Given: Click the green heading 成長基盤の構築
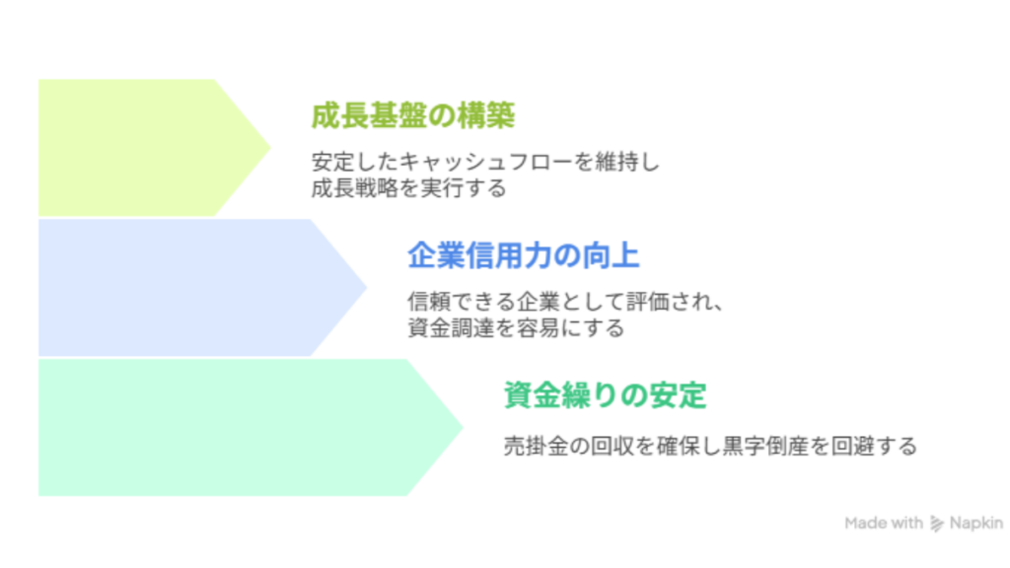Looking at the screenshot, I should (x=412, y=116).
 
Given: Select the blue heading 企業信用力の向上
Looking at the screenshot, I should (x=524, y=256).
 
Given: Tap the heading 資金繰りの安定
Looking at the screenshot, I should (x=606, y=396).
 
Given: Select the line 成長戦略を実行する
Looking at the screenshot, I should (x=408, y=187).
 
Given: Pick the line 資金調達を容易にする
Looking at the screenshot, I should (x=516, y=327).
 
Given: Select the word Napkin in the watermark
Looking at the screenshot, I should (x=975, y=524).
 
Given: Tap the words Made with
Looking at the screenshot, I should (x=884, y=524).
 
